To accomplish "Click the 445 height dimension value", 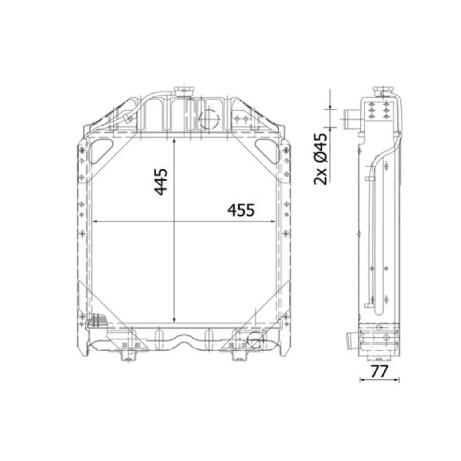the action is point(161,182).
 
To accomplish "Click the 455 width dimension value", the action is point(241,210).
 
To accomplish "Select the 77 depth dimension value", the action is point(379,371).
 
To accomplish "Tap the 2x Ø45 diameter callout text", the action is point(320,159).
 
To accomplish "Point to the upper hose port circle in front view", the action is point(209,118).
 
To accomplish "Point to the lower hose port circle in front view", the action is point(255,339).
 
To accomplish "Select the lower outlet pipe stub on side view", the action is point(353,339).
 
